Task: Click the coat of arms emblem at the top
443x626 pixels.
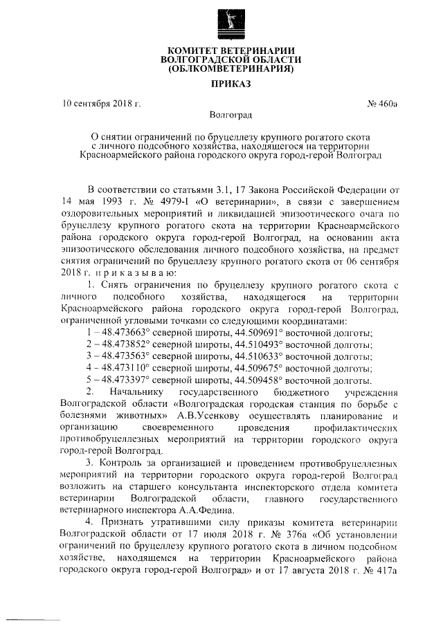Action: pyautogui.click(x=227, y=22)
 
